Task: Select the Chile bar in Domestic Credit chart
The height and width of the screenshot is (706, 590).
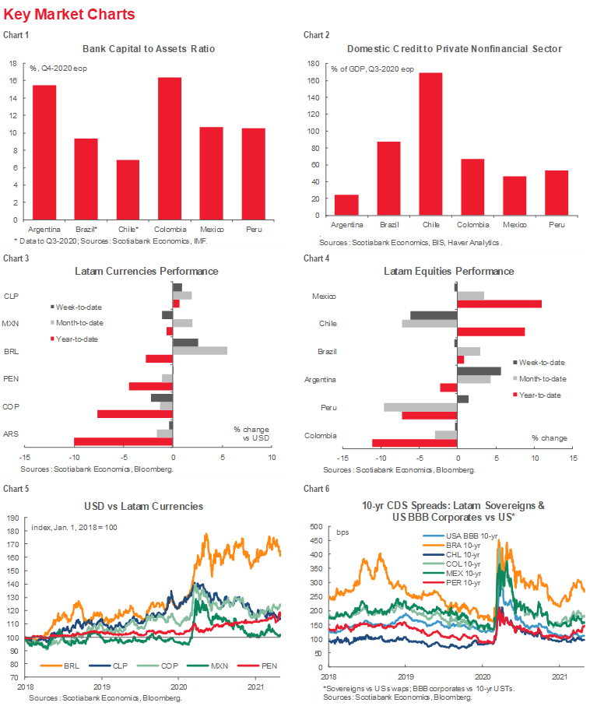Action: click(x=430, y=144)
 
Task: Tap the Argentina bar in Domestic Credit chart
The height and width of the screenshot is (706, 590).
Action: click(x=346, y=205)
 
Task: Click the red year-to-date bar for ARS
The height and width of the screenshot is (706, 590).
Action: click(x=123, y=441)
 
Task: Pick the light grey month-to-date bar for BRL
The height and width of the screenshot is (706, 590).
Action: click(x=199, y=351)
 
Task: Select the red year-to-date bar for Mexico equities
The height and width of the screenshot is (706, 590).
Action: click(x=499, y=304)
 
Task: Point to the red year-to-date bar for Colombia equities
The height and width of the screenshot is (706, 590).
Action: click(x=415, y=443)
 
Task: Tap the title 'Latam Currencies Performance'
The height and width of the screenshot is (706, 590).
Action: click(x=146, y=272)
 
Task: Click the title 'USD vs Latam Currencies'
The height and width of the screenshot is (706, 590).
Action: click(x=146, y=507)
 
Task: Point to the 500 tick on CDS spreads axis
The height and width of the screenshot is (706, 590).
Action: click(x=317, y=527)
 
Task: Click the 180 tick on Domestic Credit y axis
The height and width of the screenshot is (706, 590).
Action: click(x=314, y=64)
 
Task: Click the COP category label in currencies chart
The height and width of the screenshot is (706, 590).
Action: click(x=11, y=406)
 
